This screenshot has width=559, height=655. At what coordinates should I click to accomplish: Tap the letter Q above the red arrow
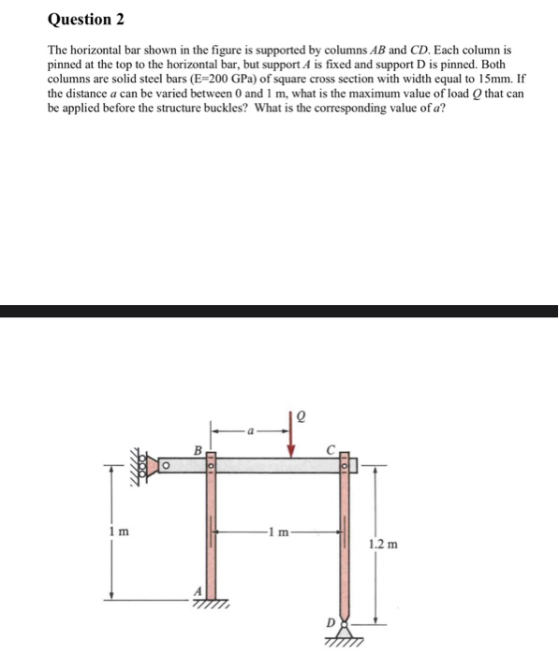click(301, 415)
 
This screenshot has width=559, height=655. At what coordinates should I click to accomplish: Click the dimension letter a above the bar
click(250, 431)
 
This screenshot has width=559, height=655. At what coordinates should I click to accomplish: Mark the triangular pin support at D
click(346, 630)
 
